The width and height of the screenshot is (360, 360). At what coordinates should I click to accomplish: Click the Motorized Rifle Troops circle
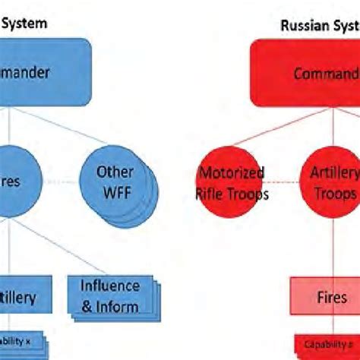[231, 183]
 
